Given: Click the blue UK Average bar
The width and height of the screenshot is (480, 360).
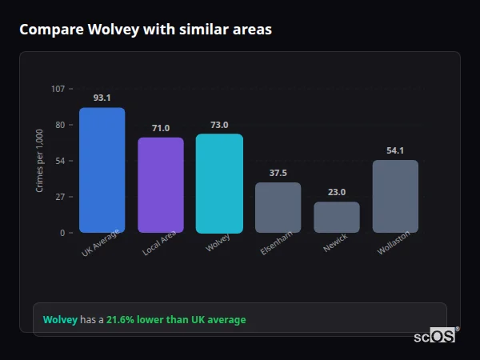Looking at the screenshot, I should (x=102, y=170).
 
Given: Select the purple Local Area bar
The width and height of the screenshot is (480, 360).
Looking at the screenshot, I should (x=161, y=185).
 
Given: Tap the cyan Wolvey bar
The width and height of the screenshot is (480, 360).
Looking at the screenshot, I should (x=219, y=183).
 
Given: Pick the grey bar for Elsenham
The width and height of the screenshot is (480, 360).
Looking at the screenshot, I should (x=278, y=208).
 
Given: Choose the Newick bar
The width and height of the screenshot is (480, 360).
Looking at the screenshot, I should (x=337, y=217).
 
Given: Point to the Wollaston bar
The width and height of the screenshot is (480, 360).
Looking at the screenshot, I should (x=395, y=197).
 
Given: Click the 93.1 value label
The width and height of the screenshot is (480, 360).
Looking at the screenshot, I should (x=102, y=98).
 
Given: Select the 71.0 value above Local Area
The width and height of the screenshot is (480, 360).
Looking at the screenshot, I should (x=161, y=128).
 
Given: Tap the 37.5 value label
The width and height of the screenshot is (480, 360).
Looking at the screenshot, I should (x=278, y=173).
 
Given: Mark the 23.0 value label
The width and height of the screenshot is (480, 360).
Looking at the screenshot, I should (x=337, y=192).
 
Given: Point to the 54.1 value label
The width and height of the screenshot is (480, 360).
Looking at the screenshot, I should (x=395, y=150).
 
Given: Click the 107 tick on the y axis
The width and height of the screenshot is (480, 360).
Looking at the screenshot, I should (x=58, y=89).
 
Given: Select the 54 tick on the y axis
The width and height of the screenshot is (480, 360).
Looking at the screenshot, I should (x=60, y=161).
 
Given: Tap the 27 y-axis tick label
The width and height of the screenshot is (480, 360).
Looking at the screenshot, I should (x=60, y=197).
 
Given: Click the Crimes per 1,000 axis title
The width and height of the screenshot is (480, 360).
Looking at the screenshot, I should (x=40, y=161).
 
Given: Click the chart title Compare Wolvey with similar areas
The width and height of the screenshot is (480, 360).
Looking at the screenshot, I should (x=145, y=30).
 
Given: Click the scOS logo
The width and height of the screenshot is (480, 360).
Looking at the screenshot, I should (x=434, y=336).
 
